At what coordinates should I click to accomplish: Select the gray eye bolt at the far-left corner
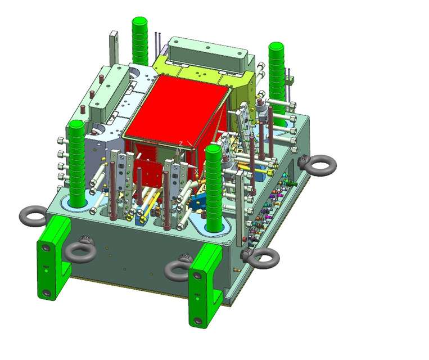coord(32,215)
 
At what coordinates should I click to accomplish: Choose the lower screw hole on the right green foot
coord(197,321)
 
